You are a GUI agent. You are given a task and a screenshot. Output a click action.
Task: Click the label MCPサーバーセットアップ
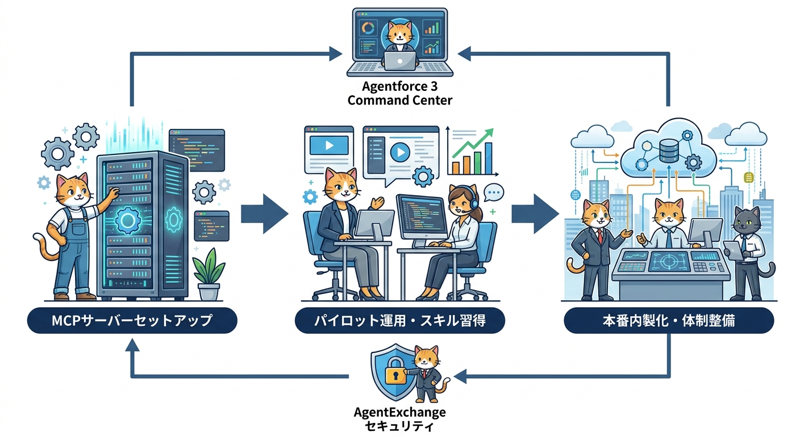tap(132, 321)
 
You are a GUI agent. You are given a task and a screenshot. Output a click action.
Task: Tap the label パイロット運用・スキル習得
tap(400, 321)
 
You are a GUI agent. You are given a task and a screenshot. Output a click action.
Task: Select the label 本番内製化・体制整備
tap(668, 321)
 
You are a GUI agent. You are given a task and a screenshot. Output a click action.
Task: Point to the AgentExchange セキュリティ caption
tap(400, 418)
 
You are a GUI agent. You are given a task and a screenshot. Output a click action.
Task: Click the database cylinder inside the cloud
tap(668, 149)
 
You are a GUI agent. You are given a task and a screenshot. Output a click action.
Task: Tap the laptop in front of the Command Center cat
tap(399, 60)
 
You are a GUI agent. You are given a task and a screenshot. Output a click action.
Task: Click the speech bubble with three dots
tap(494, 194)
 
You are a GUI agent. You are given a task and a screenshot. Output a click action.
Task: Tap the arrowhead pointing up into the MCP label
tap(132, 346)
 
